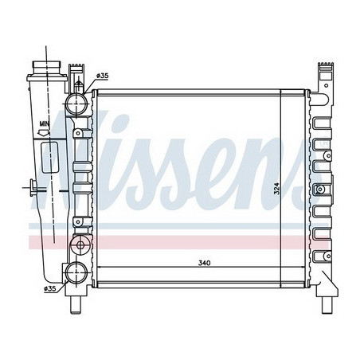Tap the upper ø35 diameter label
pos(102,76)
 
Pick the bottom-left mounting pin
pos(77,303)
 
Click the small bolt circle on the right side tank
pos(319,190)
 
